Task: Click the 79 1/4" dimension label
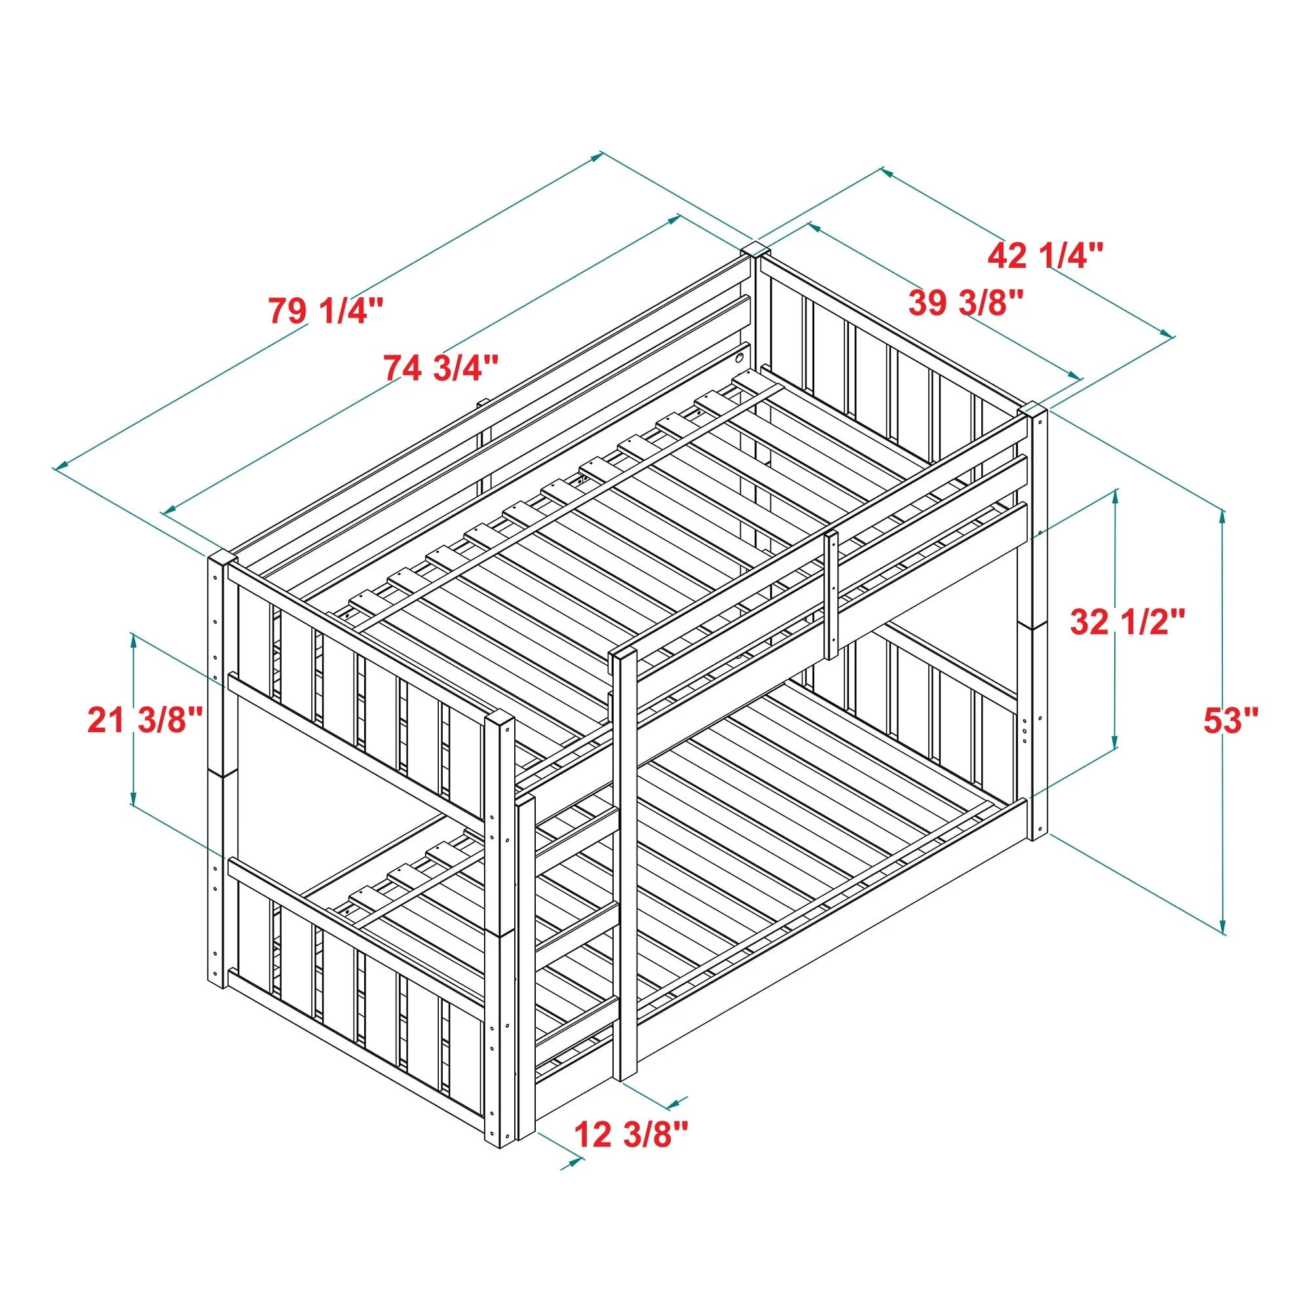click(326, 310)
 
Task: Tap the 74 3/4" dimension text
click(441, 367)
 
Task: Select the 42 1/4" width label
click(1045, 255)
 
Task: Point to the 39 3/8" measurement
click(965, 303)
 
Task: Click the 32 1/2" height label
click(1128, 621)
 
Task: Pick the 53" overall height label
click(1231, 720)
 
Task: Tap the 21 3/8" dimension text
click(145, 719)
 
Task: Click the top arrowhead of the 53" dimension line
click(1222, 516)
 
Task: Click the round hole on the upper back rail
click(739, 355)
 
